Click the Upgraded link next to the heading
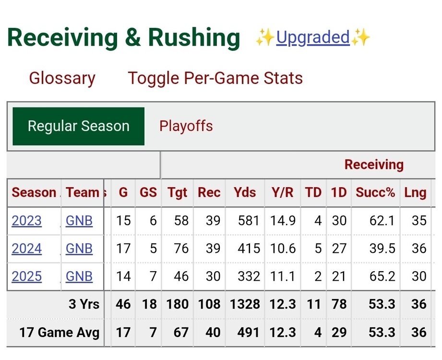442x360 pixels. click(312, 37)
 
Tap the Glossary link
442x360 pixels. click(62, 78)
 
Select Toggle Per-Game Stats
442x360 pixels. click(215, 78)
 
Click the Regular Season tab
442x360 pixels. click(78, 126)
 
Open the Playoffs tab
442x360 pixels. click(186, 126)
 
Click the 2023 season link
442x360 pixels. click(27, 221)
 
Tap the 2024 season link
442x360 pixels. click(27, 249)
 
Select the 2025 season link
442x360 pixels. click(27, 276)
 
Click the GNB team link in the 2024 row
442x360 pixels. click(79, 249)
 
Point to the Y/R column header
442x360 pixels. click(282, 192)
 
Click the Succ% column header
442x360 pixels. click(375, 192)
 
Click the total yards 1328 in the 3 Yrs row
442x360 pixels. click(245, 304)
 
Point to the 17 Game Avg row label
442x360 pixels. click(59, 332)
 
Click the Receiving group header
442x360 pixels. click(374, 165)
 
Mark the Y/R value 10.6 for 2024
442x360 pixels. click(283, 249)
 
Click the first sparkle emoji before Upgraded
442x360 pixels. click(265, 37)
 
